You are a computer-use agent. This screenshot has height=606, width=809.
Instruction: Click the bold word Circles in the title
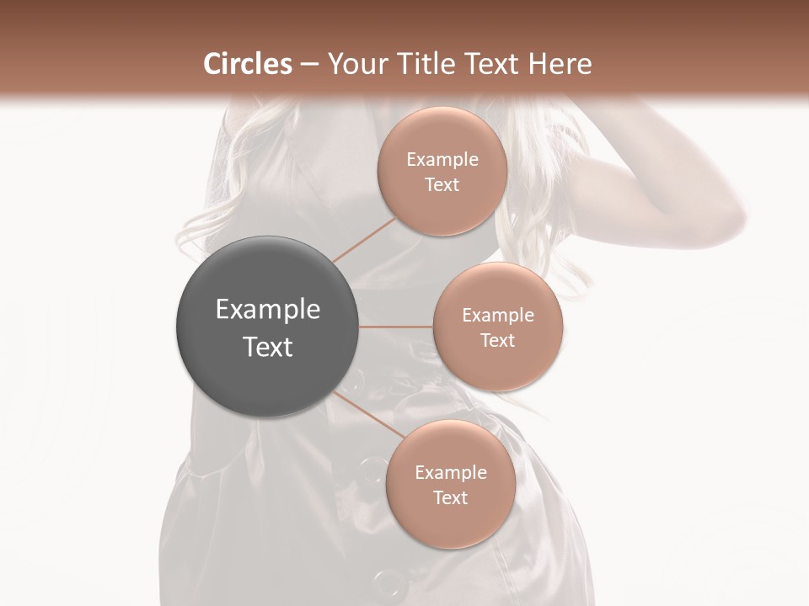(248, 65)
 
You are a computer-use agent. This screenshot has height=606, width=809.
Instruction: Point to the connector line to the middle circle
(396, 326)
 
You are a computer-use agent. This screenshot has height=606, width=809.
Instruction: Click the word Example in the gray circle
(268, 310)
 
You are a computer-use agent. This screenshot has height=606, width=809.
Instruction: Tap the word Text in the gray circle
(268, 347)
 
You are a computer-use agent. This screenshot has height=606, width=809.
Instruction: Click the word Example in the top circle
(442, 160)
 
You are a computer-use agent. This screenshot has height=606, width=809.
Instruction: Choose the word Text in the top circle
(442, 185)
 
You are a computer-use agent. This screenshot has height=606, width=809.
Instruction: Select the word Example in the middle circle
(498, 316)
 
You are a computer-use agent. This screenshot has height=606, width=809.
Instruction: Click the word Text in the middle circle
(498, 341)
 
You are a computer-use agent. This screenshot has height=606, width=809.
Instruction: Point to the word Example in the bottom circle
(451, 473)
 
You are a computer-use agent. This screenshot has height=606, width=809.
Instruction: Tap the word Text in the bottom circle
(451, 498)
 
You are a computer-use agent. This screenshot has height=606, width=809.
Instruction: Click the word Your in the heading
(351, 65)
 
